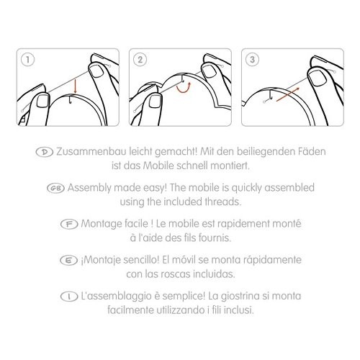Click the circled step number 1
point(28,60)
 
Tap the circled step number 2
point(140,60)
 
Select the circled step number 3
point(252,60)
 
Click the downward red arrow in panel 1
point(76,86)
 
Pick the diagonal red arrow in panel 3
point(288,94)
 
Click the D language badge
point(45,152)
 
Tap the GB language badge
point(55,188)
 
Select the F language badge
point(69,224)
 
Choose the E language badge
point(68,261)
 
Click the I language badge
point(69,297)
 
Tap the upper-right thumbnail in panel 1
point(96,71)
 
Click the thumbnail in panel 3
point(317,78)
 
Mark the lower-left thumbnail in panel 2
point(153,102)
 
